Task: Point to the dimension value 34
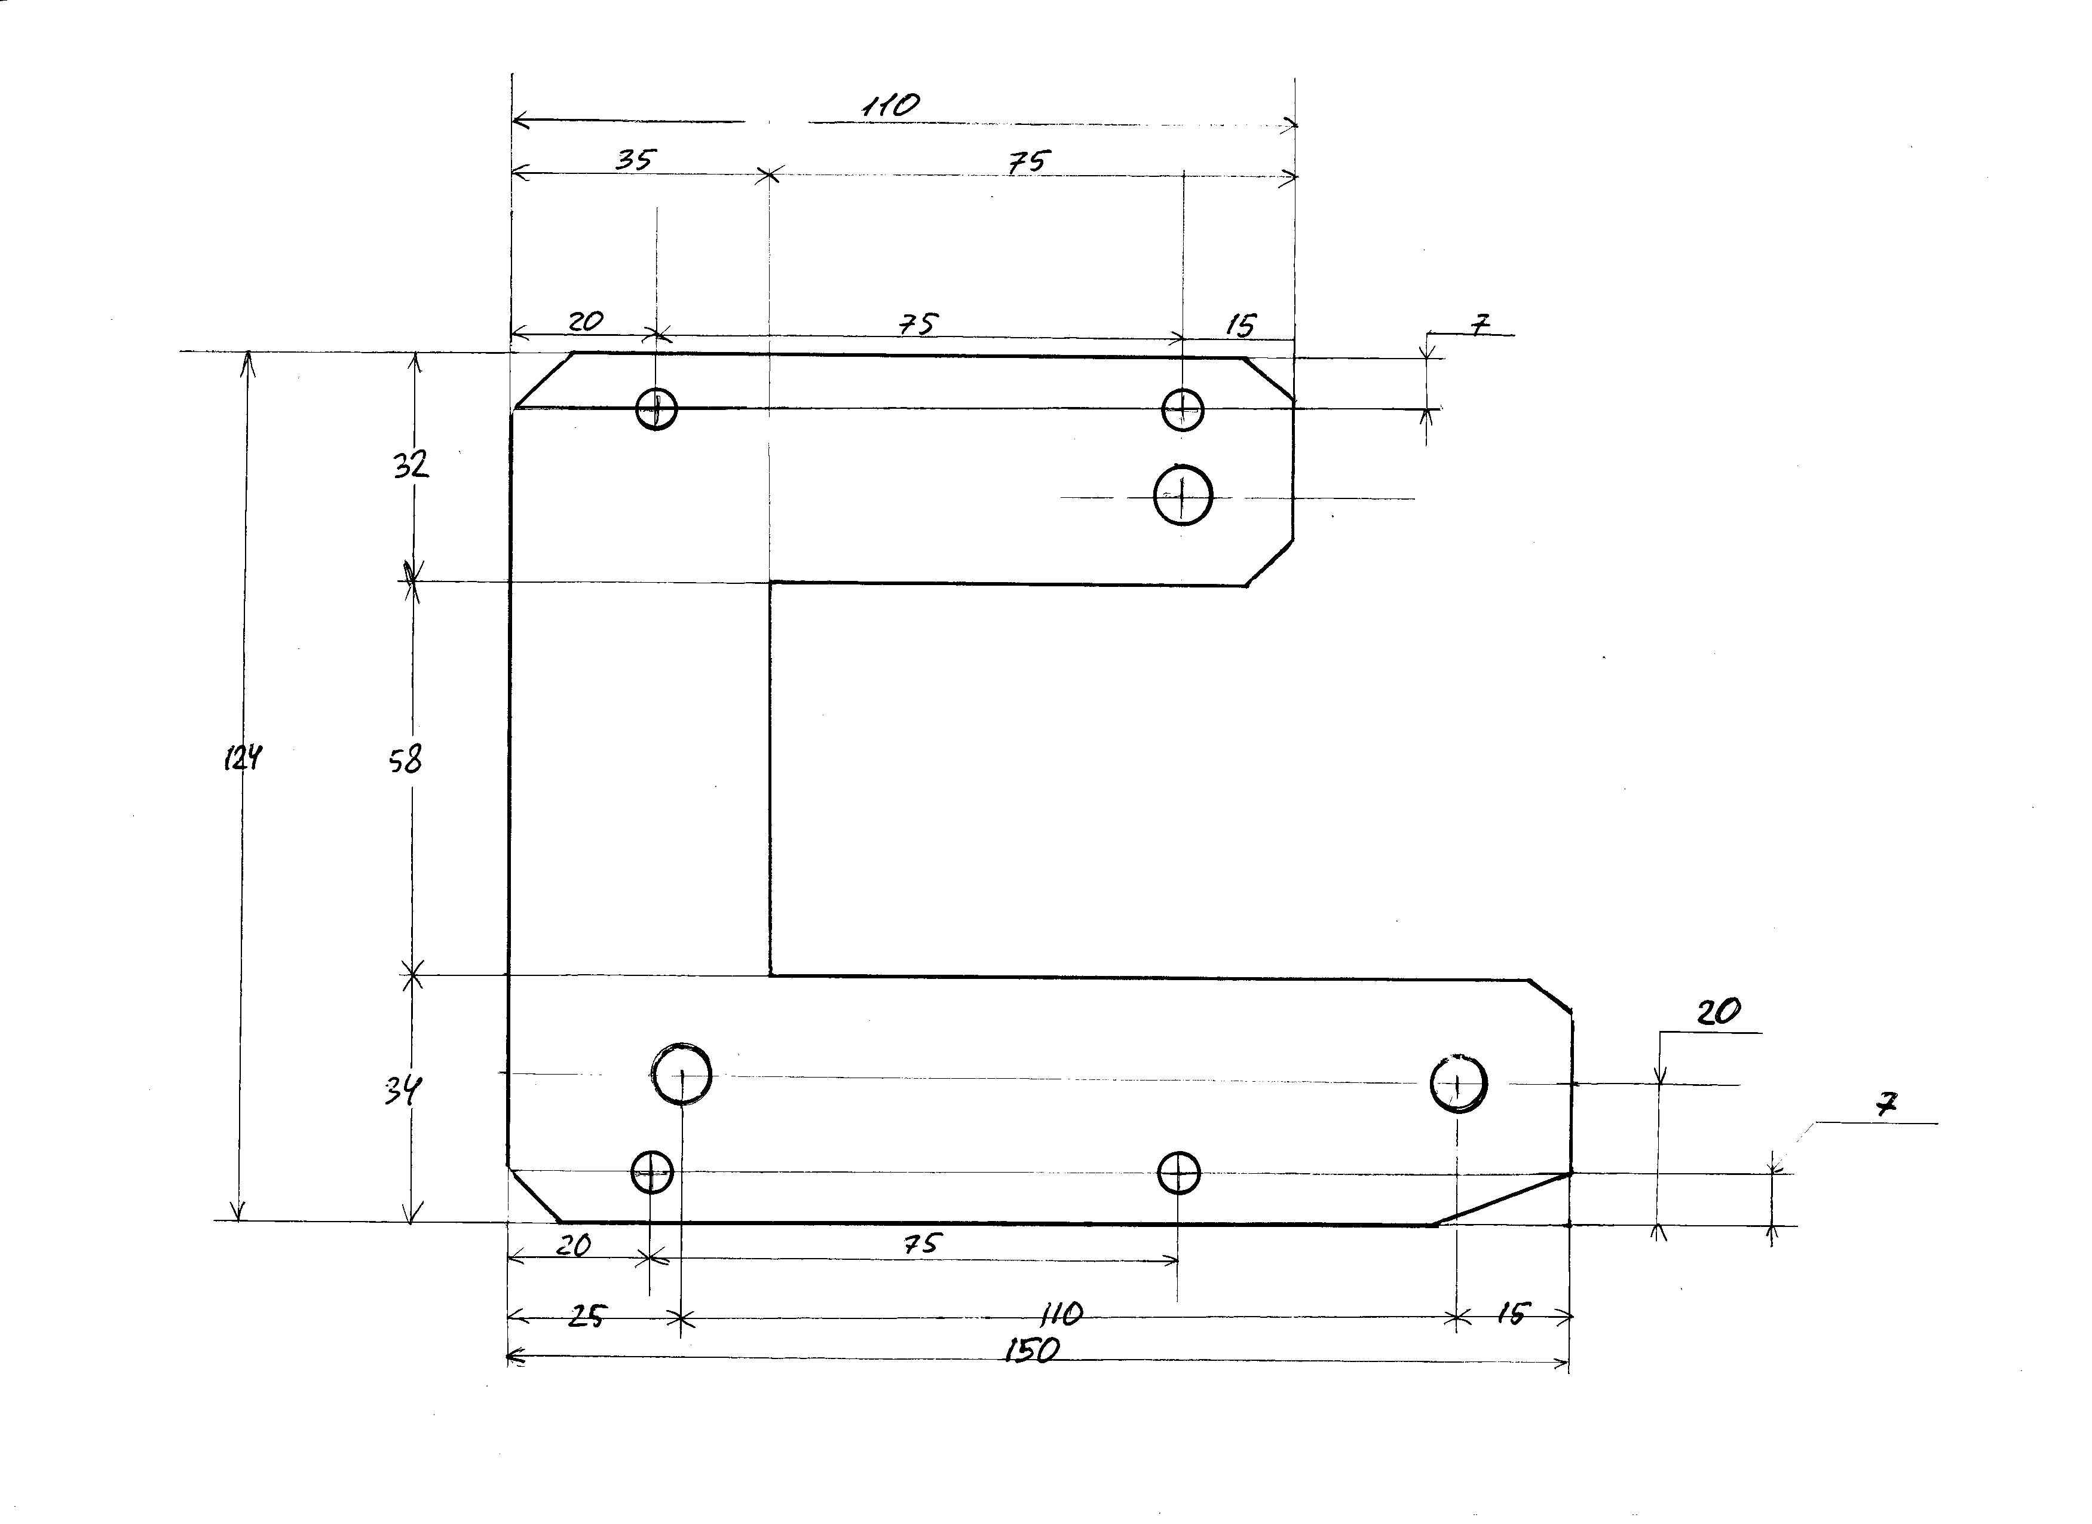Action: [x=403, y=1091]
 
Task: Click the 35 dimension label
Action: [x=635, y=160]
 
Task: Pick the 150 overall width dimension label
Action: [x=1031, y=1351]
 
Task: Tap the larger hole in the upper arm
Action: [x=1183, y=495]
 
